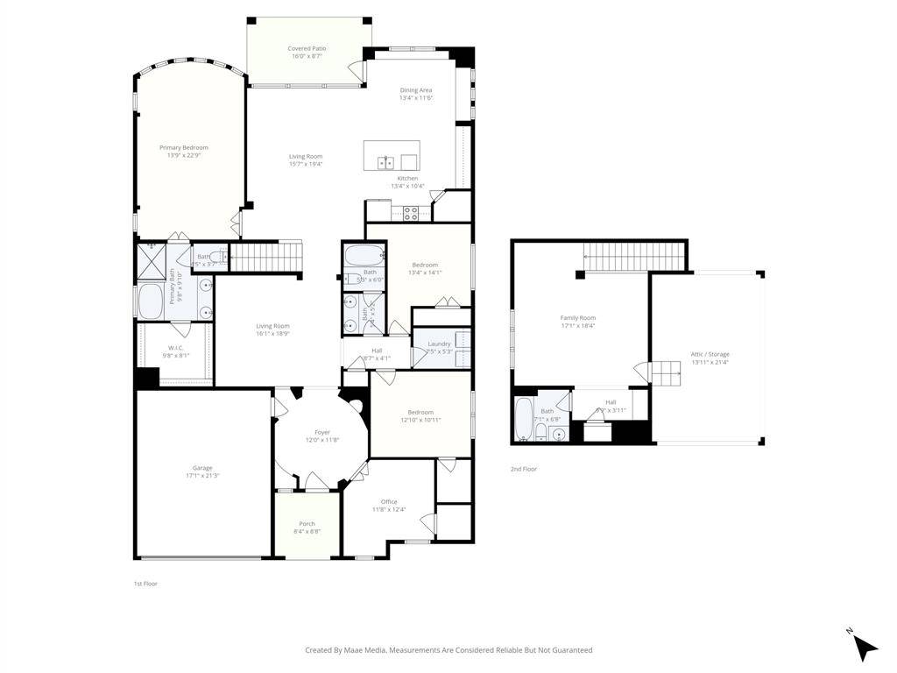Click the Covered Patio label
click(x=307, y=52)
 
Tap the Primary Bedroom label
click(x=184, y=152)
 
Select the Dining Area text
click(x=416, y=94)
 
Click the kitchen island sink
click(x=385, y=162)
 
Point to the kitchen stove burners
click(x=410, y=213)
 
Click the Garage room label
click(x=202, y=471)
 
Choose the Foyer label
click(x=322, y=436)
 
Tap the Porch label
click(x=307, y=528)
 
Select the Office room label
click(x=389, y=506)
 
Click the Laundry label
click(x=439, y=347)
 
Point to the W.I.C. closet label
click(x=175, y=351)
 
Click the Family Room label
click(x=577, y=322)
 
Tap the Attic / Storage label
click(x=710, y=358)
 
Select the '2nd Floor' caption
click(x=524, y=469)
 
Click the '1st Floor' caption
click(x=145, y=583)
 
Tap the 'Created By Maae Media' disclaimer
click(x=448, y=650)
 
